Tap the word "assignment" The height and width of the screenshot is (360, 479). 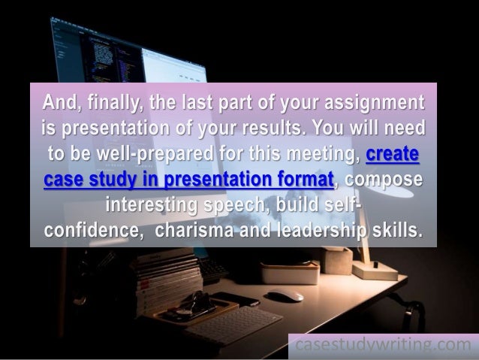click(360, 101)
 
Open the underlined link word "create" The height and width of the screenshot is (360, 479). click(393, 155)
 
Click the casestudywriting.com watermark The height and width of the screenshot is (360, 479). click(383, 346)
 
